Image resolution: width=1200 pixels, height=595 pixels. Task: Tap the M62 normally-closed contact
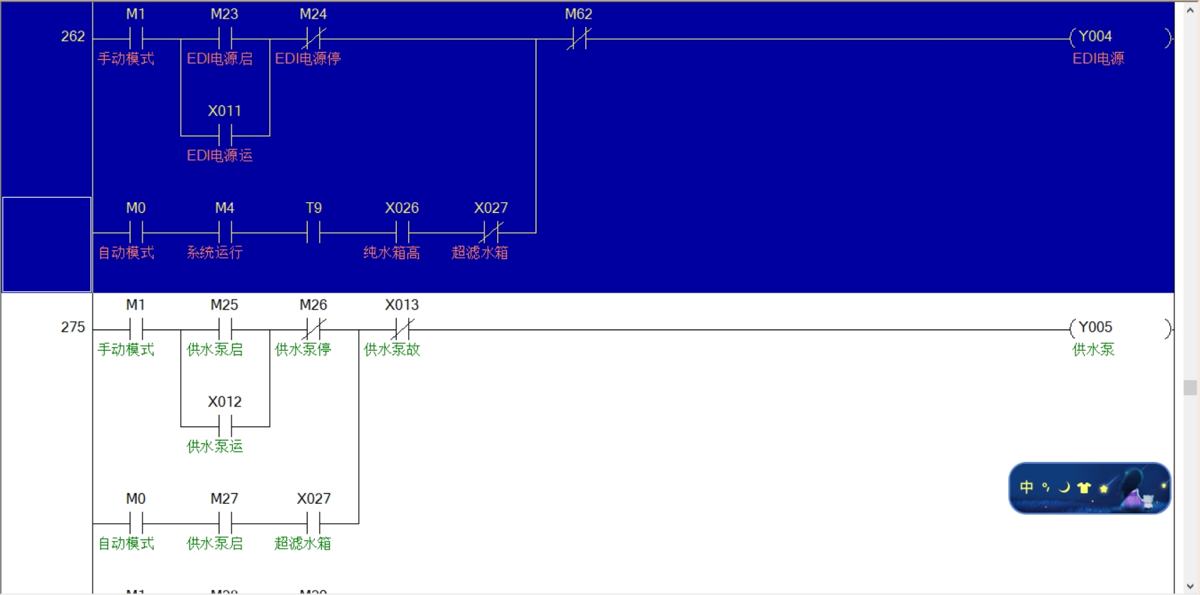(579, 38)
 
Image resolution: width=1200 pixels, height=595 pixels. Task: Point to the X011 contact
(225, 135)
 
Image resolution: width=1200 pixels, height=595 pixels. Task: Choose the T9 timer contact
(314, 232)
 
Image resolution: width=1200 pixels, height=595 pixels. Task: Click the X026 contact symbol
(402, 232)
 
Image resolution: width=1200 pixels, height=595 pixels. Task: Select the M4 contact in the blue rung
(225, 232)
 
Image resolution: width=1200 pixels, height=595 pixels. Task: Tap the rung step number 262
(73, 36)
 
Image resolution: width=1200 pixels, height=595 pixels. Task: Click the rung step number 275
(73, 327)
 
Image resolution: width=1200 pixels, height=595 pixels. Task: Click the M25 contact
(225, 330)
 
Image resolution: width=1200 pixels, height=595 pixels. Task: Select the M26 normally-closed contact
(314, 330)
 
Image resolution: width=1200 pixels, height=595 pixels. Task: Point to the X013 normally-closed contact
(402, 330)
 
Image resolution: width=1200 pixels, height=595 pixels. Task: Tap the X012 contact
(225, 426)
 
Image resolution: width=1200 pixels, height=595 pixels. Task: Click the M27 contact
(225, 524)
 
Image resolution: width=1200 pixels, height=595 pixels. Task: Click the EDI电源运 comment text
(219, 155)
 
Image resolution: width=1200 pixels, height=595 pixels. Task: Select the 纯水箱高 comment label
(392, 253)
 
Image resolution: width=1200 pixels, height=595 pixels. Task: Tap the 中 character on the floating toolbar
(1026, 488)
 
